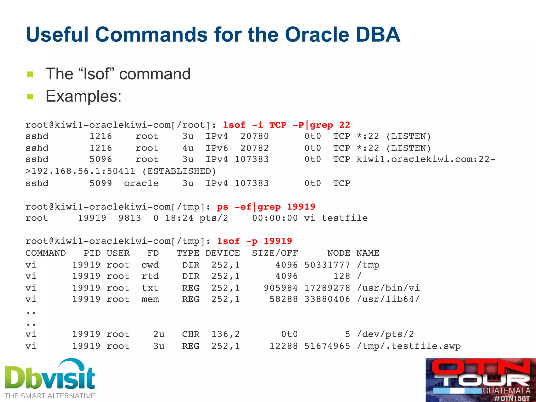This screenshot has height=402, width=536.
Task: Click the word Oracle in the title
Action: (317, 35)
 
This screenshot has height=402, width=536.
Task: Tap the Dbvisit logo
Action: (50, 378)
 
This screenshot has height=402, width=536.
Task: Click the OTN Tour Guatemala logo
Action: (481, 379)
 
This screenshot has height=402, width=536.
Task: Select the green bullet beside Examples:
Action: (30, 97)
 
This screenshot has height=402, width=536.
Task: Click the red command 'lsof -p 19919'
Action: (254, 241)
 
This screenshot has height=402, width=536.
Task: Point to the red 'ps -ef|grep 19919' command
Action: (266, 207)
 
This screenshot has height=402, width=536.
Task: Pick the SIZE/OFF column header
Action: (275, 253)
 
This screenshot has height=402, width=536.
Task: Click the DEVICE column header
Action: (222, 253)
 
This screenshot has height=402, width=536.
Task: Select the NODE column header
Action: (339, 253)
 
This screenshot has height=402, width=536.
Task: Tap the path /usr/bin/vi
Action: (388, 288)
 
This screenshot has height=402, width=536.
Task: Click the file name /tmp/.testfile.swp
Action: (409, 346)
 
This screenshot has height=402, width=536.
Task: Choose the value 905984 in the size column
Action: (281, 288)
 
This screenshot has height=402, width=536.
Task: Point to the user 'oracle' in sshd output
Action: (141, 183)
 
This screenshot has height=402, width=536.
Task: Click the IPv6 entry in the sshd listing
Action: (217, 148)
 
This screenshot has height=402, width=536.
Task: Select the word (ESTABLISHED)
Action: (179, 171)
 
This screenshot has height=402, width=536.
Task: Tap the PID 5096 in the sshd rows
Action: (101, 159)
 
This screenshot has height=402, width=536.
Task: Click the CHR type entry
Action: (191, 334)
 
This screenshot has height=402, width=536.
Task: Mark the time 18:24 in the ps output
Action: (179, 218)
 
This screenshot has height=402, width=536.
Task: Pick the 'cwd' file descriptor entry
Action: (150, 265)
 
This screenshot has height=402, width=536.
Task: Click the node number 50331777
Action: (327, 265)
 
